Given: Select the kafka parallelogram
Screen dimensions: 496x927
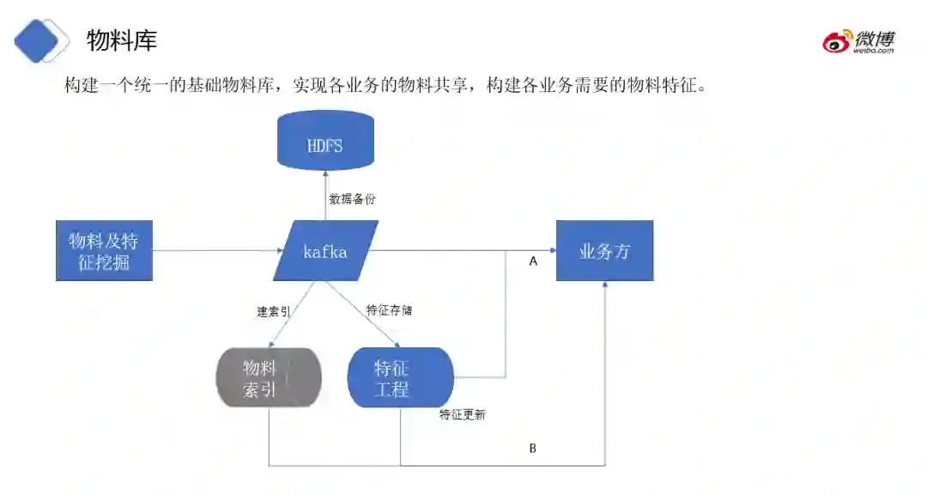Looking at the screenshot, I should tap(325, 251).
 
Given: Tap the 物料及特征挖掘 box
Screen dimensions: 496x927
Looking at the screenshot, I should tap(104, 251).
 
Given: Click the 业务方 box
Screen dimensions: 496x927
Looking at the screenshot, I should tap(604, 251).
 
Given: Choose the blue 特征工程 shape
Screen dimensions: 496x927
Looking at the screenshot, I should tap(400, 378).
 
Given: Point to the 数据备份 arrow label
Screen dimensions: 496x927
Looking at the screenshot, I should tap(352, 199).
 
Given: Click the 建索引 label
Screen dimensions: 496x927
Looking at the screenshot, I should tap(273, 311).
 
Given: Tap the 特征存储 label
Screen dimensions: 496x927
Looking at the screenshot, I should tap(389, 310).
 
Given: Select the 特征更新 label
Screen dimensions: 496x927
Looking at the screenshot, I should tap(463, 415).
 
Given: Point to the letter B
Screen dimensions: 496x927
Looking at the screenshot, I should tap(532, 449).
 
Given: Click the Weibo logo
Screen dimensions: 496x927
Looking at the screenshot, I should tap(859, 41).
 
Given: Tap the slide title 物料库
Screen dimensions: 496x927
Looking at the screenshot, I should tap(122, 40).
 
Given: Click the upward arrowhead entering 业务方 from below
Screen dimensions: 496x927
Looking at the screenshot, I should tap(605, 286).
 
